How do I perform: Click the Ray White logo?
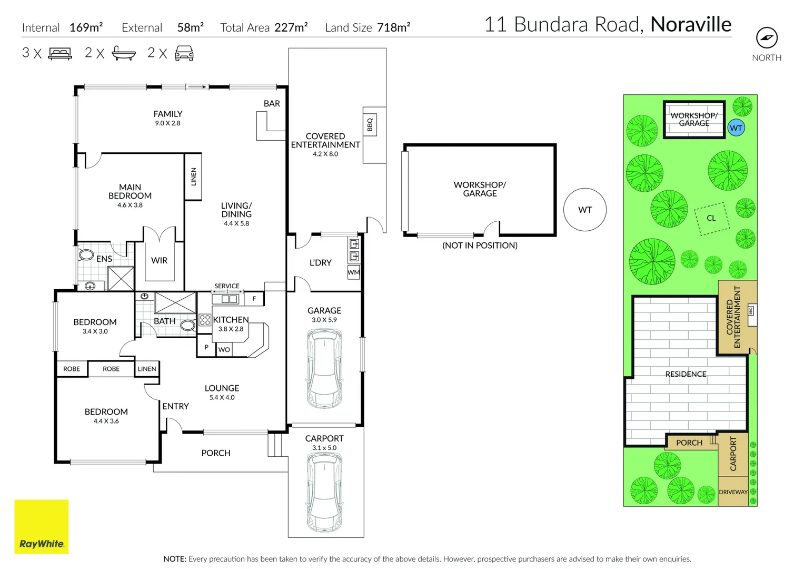point(41,526)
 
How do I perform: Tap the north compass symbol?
point(767,37)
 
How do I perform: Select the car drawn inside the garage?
point(324,368)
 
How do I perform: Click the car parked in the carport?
point(324,494)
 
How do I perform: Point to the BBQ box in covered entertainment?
point(370,124)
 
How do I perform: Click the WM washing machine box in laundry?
point(353,272)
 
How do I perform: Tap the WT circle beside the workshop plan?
point(585,210)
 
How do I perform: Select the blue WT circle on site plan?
point(736,128)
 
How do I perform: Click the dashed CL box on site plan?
point(712,218)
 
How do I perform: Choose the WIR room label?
point(159,260)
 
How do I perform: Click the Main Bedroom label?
point(130,191)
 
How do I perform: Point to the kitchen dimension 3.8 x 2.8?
point(231,329)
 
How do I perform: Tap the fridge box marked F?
point(254,299)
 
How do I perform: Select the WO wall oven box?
point(224,349)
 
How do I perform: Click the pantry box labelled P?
point(206,348)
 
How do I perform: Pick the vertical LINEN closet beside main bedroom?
point(193,176)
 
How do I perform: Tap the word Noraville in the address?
point(691,24)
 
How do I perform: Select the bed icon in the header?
point(60,53)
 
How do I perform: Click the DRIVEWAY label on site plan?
point(733,492)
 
